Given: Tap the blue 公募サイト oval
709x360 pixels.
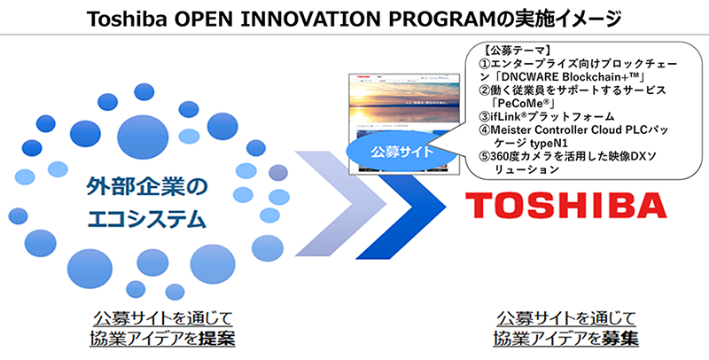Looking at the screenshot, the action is [402, 151].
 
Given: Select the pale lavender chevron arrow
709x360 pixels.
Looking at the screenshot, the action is [340, 204].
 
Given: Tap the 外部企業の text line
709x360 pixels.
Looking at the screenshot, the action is [147, 187].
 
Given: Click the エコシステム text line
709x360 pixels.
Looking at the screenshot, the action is [147, 219].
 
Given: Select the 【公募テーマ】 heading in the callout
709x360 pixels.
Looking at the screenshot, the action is [518, 51].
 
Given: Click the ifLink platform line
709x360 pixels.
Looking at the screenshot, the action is [547, 117].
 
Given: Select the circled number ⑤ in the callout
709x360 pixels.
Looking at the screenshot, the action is [485, 156].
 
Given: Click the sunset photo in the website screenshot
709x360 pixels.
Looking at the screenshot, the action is [403, 99].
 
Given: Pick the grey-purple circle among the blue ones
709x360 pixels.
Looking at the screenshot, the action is [277, 172].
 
